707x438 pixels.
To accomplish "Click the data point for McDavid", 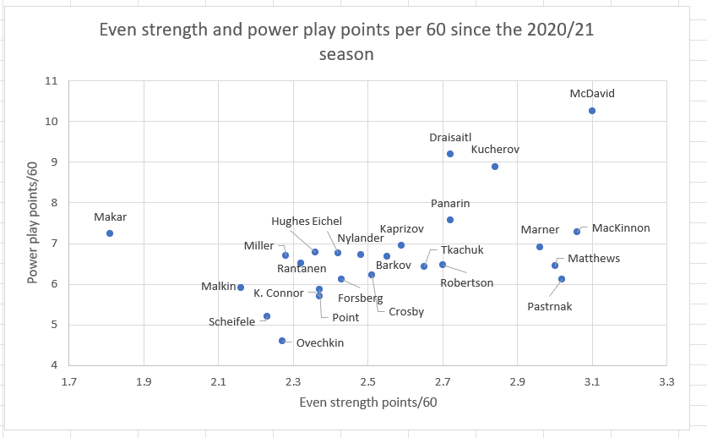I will click(592, 111).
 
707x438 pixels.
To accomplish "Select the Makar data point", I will click(110, 233).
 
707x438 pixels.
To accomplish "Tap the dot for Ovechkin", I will click(282, 341).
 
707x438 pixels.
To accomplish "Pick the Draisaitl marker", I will click(450, 154).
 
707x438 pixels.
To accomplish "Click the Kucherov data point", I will click(495, 167).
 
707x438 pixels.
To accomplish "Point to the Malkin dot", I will click(241, 287).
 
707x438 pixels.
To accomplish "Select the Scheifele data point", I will click(267, 316).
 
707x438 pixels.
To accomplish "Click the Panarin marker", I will click(450, 220).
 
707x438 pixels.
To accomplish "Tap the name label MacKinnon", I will click(621, 228).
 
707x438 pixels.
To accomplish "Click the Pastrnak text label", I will click(549, 306).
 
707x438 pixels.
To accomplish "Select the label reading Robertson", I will click(466, 282).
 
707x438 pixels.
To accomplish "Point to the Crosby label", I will click(406, 311).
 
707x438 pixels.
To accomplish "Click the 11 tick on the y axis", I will click(52, 81).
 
